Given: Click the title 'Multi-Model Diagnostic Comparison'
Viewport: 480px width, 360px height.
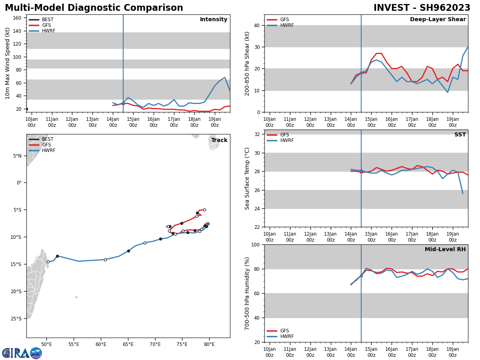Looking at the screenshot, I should pos(94,8).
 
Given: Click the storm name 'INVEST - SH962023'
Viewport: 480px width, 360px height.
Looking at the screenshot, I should pos(422,8).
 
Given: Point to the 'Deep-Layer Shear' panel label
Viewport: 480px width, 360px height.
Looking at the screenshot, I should pos(438,20).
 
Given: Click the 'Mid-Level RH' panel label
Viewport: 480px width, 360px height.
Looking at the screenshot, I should pos(445,250).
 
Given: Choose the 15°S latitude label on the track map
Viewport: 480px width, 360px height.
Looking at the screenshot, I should pos(16,264).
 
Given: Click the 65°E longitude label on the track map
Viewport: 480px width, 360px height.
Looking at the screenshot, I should pos(128,344).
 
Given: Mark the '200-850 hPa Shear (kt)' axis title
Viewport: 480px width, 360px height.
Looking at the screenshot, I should pos(247,63).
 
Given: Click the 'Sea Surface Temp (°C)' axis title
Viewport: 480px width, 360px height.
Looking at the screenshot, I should pos(247,178).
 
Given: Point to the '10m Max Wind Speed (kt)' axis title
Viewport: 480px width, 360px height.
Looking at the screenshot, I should pos(8,63).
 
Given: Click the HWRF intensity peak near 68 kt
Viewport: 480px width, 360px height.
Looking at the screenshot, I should pos(225,78).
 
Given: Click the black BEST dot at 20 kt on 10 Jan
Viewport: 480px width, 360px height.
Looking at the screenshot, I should pos(26,109).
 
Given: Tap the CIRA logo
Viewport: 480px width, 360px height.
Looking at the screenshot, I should pos(22,353).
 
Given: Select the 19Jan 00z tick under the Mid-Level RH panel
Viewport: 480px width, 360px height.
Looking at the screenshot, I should pos(452,352).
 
